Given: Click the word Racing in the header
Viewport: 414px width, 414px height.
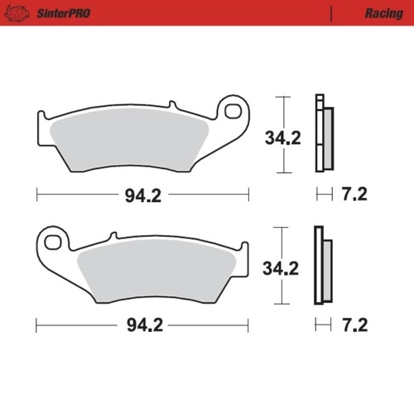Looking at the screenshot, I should point(383,14).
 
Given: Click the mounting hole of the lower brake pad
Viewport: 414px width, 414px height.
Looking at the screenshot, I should point(55,243).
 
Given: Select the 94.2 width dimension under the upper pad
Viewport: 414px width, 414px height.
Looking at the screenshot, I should point(142,195).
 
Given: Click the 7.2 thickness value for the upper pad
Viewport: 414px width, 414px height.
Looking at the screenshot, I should point(354,195).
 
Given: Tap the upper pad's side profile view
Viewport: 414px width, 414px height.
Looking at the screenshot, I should point(322,134).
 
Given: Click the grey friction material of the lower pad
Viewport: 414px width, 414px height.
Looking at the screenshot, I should point(157,269).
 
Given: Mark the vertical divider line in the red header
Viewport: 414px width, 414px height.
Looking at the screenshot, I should point(332,14).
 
